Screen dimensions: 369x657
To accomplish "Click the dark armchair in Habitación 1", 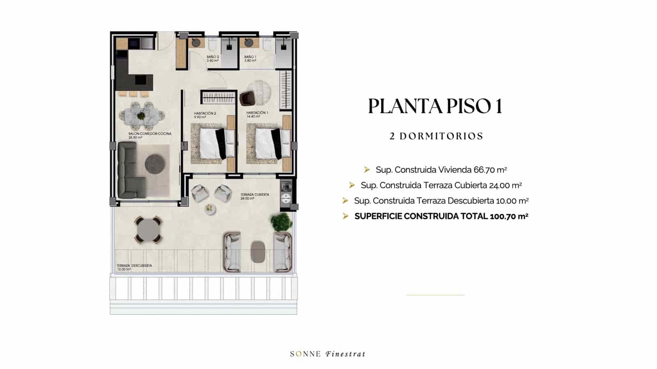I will point(247,98).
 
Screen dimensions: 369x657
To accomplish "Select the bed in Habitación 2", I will point(212,144).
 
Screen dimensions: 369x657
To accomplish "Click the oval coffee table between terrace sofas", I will point(258,252).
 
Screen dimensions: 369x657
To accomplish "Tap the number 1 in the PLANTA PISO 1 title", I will point(498,106).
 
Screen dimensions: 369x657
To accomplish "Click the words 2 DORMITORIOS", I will point(436,136).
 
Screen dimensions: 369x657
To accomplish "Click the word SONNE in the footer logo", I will point(305,354).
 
